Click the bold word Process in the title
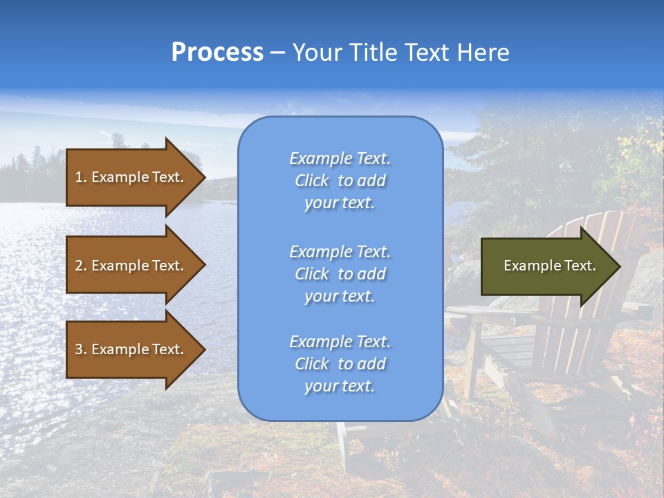click(217, 53)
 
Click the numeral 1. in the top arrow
click(80, 177)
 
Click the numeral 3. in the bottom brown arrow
click(80, 349)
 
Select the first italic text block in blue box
click(340, 181)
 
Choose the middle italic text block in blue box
click(340, 274)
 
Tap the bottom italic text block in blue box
click(340, 364)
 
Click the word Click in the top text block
click(312, 181)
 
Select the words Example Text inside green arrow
click(550, 266)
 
